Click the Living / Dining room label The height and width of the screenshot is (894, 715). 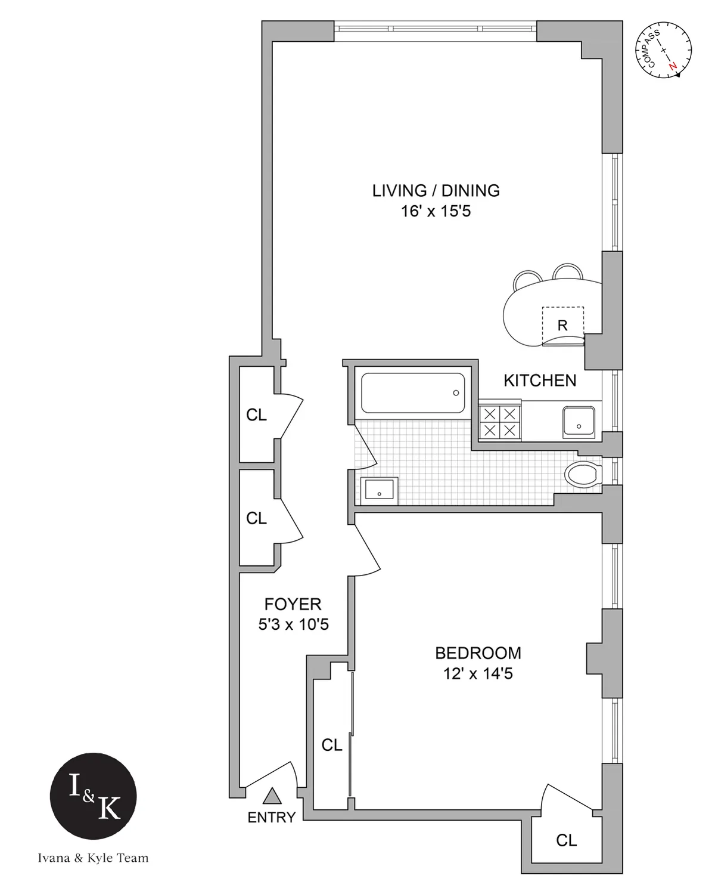click(x=436, y=191)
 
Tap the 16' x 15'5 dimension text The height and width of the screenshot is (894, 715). click(x=436, y=212)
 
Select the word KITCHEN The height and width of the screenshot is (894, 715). click(x=540, y=381)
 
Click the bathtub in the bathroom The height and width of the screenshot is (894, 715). click(x=413, y=393)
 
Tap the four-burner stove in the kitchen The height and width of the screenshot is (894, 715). click(x=499, y=422)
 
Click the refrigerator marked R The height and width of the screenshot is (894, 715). click(x=562, y=326)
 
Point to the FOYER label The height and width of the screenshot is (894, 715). click(x=293, y=604)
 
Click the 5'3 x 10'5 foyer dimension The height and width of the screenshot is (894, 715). click(x=293, y=625)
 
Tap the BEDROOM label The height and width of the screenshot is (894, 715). click(x=478, y=653)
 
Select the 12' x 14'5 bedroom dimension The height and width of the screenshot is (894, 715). click(x=478, y=674)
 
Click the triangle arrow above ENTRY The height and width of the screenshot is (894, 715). click(x=272, y=796)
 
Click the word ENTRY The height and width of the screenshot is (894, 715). click(x=272, y=818)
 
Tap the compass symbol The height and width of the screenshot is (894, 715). click(x=664, y=50)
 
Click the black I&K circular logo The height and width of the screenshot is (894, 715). click(x=93, y=798)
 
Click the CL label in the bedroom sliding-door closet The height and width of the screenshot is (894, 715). click(x=332, y=745)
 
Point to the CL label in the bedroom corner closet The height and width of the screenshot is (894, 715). click(x=566, y=840)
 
